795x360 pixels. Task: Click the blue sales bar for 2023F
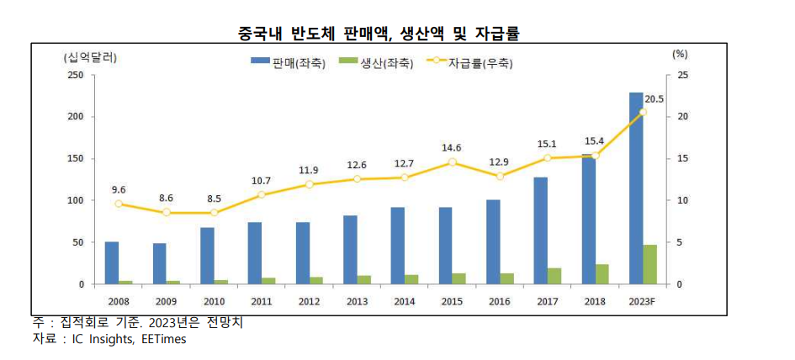[636, 188]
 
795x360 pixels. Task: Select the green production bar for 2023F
[650, 265]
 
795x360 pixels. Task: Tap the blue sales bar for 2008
[111, 263]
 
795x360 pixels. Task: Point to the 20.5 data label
[654, 98]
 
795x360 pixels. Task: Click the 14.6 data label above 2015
[452, 148]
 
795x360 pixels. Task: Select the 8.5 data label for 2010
[214, 199]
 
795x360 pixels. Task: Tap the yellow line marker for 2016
[500, 176]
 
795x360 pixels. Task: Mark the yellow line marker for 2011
[261, 194]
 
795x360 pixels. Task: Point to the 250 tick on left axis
[76, 75]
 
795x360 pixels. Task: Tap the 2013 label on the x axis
[356, 300]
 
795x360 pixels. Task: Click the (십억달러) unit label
[90, 57]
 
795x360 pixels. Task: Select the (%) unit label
[680, 53]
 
